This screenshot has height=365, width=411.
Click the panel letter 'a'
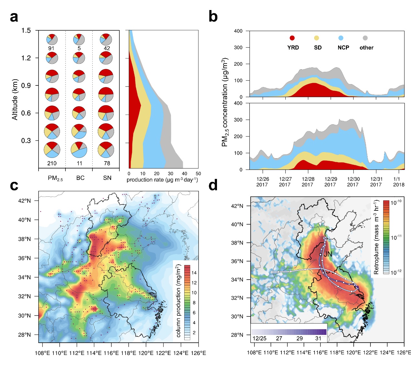[14, 17]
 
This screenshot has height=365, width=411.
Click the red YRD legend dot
[292, 38]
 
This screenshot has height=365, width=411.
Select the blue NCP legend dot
[341, 38]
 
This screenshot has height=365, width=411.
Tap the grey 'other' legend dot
[365, 38]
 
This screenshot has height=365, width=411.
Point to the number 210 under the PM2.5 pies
[52, 163]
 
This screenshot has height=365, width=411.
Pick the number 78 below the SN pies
[107, 163]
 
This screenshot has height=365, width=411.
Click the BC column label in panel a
[80, 178]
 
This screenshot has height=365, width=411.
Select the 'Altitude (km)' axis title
[15, 100]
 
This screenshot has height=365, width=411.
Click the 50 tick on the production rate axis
[198, 174]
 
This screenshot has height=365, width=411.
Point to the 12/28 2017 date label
[308, 182]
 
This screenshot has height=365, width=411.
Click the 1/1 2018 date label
[398, 182]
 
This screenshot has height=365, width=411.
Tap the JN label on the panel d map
[328, 254]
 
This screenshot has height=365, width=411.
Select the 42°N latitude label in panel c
[24, 201]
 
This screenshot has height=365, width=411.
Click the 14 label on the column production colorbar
[194, 273]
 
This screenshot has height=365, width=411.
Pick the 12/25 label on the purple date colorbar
[259, 338]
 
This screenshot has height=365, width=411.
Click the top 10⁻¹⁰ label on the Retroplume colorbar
[396, 203]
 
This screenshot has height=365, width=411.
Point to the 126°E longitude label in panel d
[404, 352]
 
